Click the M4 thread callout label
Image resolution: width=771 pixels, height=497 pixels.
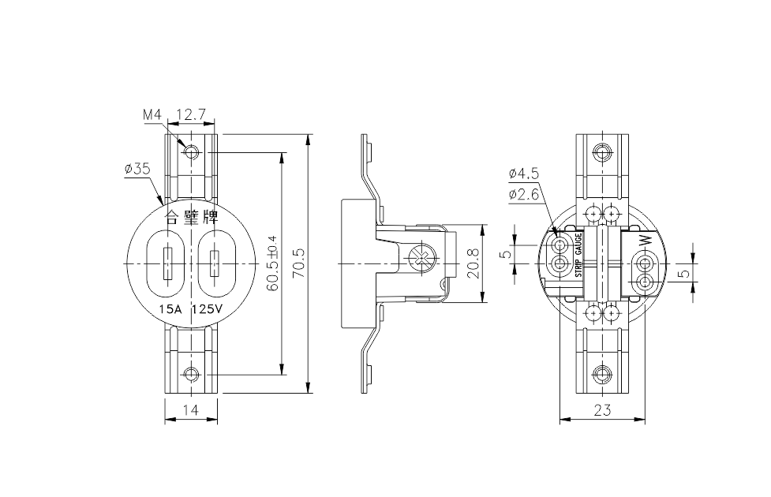tap(152, 115)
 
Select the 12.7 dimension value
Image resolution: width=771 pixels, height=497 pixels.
tap(190, 115)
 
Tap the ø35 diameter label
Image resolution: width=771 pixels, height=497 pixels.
tap(137, 169)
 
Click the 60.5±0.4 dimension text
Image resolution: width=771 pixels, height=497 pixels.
tap(272, 263)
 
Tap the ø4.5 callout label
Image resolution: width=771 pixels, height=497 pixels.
tap(523, 174)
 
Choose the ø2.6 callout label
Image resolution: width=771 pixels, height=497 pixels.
tap(523, 193)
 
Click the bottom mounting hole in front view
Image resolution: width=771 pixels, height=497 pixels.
tap(190, 373)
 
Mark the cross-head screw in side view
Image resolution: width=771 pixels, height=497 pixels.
tap(421, 258)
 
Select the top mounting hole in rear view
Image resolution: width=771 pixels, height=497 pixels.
tap(603, 151)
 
